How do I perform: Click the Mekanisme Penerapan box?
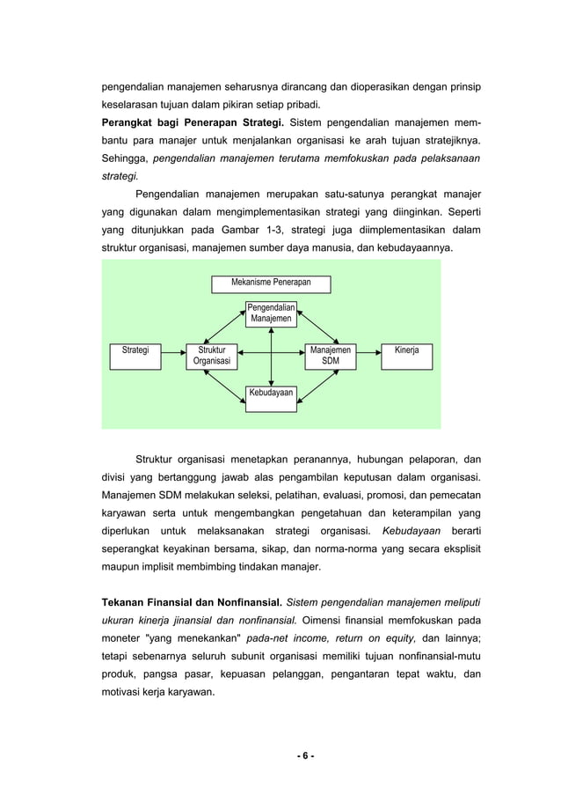click(271, 283)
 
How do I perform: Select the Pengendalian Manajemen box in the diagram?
click(271, 313)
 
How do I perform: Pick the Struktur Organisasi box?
click(211, 356)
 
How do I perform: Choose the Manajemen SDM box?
click(330, 356)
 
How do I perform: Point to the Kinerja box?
click(406, 350)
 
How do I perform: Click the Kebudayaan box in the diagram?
click(271, 393)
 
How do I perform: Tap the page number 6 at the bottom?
click(280, 755)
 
